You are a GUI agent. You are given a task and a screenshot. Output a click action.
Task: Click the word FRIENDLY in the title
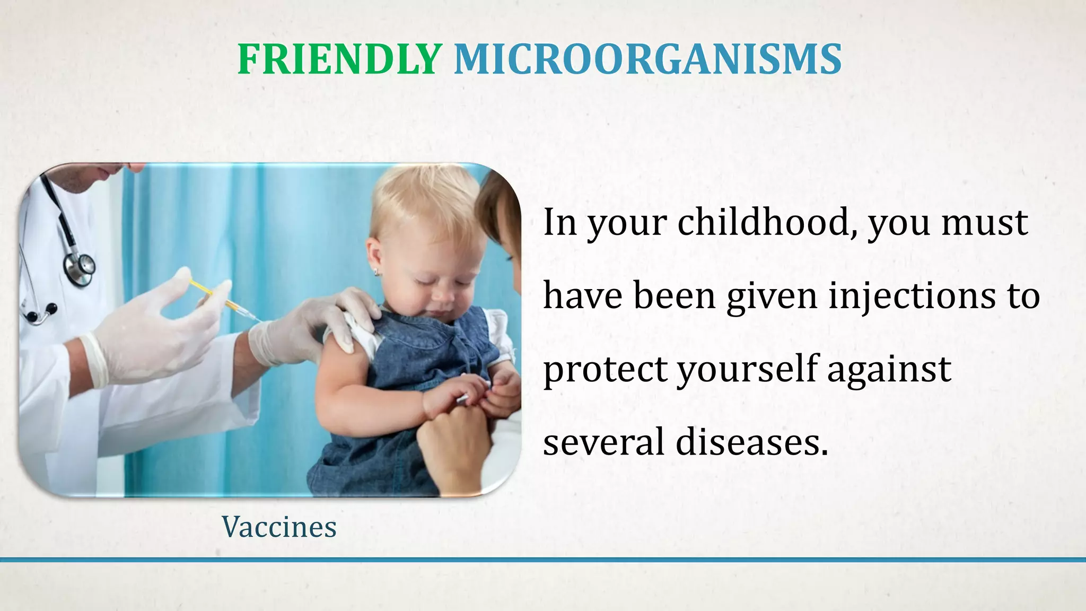tap(339, 59)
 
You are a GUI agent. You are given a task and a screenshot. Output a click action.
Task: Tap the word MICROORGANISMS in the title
tap(647, 59)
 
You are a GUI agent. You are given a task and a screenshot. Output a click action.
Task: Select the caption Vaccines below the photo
tap(279, 527)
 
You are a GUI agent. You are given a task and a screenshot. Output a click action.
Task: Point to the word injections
tap(912, 296)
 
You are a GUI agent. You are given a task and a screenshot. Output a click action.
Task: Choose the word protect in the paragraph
tap(605, 370)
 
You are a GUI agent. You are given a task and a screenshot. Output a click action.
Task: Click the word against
tap(889, 370)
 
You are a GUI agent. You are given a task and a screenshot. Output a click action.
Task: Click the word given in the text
tap(772, 296)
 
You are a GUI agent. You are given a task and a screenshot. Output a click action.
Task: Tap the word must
tap(985, 222)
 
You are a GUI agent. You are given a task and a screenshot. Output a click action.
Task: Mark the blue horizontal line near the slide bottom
tap(543, 560)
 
